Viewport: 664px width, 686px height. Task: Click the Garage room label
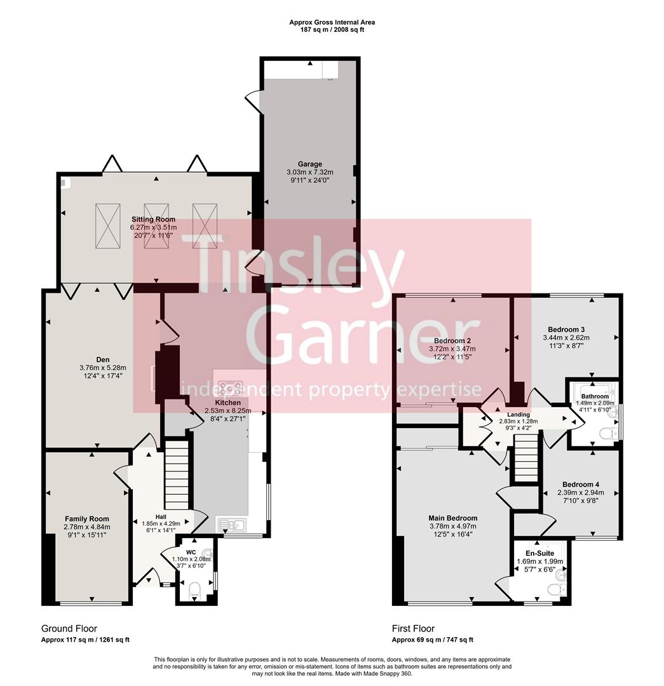pyautogui.click(x=310, y=164)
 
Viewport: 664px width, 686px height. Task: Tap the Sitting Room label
pyautogui.click(x=152, y=219)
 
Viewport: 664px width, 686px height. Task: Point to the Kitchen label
pyautogui.click(x=227, y=403)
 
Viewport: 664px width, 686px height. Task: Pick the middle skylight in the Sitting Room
pyautogui.click(x=156, y=226)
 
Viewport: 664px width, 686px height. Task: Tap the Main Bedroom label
pyautogui.click(x=452, y=518)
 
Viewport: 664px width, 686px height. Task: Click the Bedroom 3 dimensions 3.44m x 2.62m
pyautogui.click(x=566, y=339)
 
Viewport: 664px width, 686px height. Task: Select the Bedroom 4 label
pyautogui.click(x=578, y=484)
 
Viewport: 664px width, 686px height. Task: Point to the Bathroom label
pyautogui.click(x=595, y=396)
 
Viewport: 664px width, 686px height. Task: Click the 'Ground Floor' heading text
pyautogui.click(x=69, y=628)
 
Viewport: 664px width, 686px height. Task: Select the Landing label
pyautogui.click(x=518, y=414)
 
